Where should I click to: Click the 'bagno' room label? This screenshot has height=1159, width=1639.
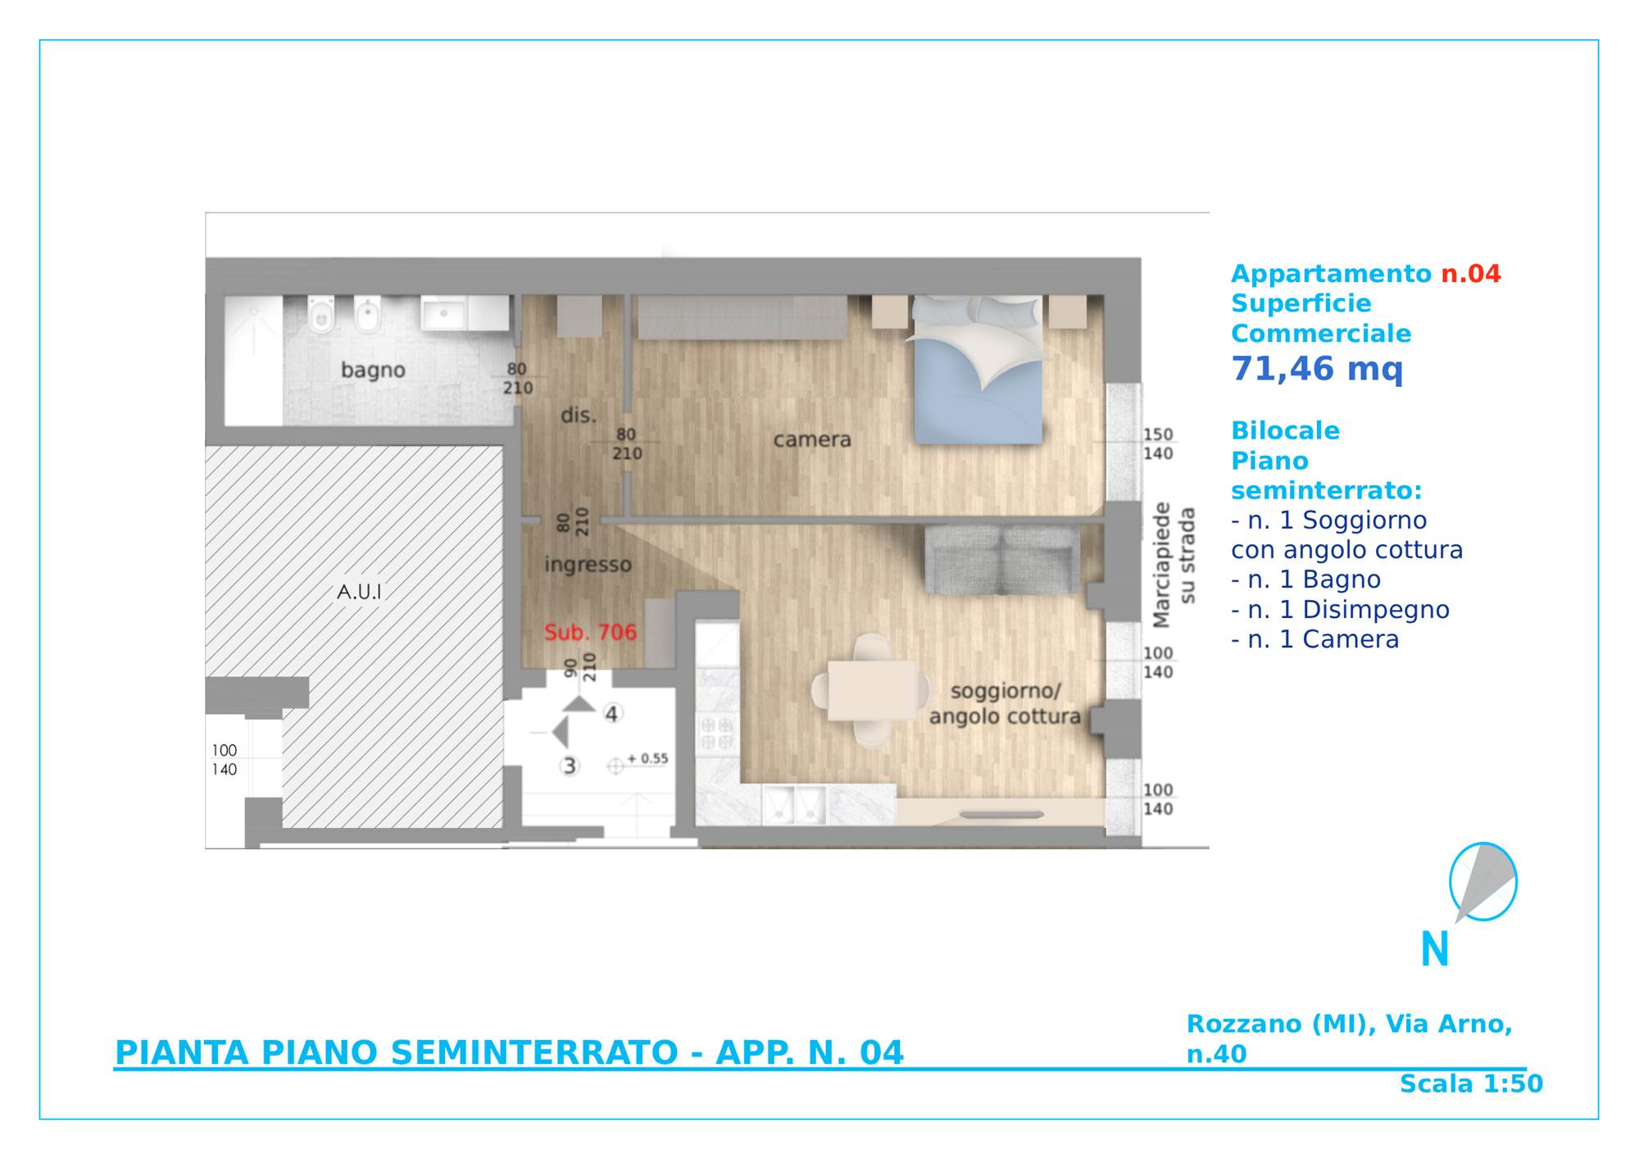coord(373,370)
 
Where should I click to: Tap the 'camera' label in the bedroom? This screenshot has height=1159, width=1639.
coord(812,440)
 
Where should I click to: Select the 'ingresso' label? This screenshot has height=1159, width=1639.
coord(588,566)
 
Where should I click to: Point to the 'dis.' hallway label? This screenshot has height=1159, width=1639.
coord(578,415)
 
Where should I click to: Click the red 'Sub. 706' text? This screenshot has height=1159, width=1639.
coord(590,632)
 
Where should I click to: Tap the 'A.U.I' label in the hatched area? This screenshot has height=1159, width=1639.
coord(360,591)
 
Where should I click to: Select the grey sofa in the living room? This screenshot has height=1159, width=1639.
coord(1002,560)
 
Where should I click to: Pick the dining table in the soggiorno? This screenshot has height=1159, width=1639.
coord(872,691)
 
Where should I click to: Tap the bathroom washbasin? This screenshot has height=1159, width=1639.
coord(444,313)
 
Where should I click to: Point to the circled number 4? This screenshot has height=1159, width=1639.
coord(611,714)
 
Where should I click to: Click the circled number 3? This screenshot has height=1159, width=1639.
coord(569,766)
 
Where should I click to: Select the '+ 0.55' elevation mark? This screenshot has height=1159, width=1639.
coord(647,759)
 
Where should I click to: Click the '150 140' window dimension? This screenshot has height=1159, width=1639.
coord(1158,443)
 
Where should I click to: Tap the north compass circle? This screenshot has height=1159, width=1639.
coord(1483,882)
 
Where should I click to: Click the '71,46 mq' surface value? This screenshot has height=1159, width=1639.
coord(1317,369)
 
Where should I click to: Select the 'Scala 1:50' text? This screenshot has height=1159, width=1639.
coord(1471,1084)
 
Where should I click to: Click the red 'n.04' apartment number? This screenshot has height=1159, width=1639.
coord(1471,274)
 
